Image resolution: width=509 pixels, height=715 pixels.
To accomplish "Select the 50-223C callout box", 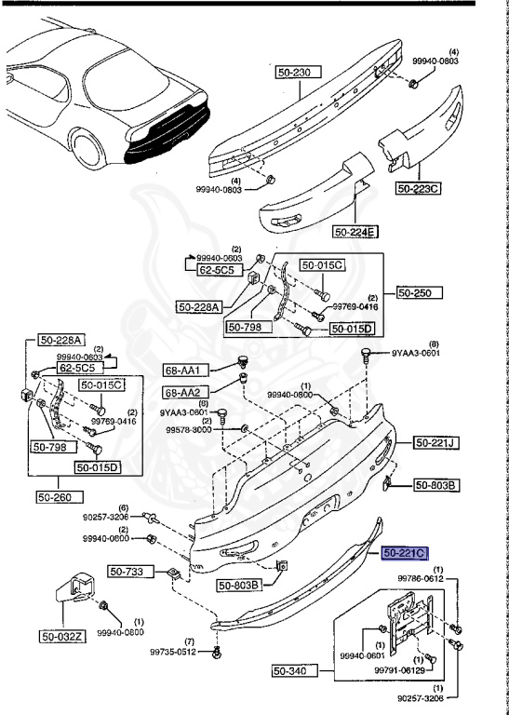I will click(x=418, y=188).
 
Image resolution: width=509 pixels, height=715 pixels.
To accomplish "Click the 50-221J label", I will click(x=434, y=442).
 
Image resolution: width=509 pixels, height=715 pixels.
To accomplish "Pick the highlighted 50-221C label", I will click(x=404, y=553).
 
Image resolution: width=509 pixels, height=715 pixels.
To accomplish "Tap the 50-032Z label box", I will click(x=60, y=637).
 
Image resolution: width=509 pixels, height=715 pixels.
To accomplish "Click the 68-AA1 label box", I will click(x=182, y=370).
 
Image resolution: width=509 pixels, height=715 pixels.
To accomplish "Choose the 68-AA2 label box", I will click(x=182, y=392).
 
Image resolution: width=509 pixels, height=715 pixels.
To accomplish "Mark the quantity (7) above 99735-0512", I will click(x=189, y=641).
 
